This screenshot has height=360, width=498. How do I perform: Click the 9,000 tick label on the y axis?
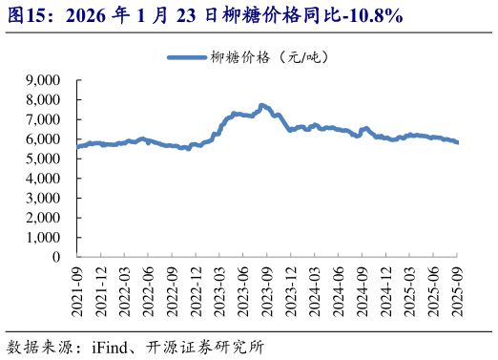43,80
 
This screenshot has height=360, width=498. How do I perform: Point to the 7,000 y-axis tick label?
43,119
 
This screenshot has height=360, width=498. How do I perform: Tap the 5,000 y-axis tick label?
43,159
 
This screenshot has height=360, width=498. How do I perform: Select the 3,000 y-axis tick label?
43,198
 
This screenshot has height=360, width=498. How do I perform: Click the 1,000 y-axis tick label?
43,238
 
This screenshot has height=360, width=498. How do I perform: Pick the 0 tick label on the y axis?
56,257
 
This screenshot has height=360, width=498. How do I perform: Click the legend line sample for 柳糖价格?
197,57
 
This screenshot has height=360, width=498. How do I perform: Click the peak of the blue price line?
261,105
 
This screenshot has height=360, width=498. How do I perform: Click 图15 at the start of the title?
24,16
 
